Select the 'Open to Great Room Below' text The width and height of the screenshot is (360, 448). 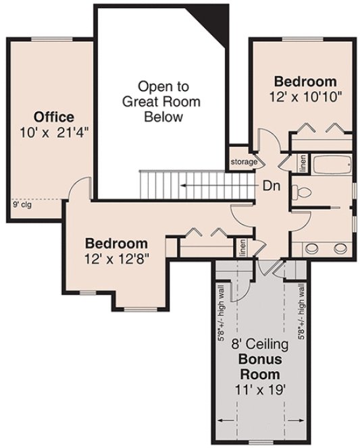pyautogui.click(x=163, y=101)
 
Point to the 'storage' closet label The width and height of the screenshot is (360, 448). pyautogui.click(x=244, y=163)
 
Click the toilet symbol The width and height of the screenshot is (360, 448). pyautogui.click(x=303, y=192)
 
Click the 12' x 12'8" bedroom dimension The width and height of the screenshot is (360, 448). pyautogui.click(x=116, y=257)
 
